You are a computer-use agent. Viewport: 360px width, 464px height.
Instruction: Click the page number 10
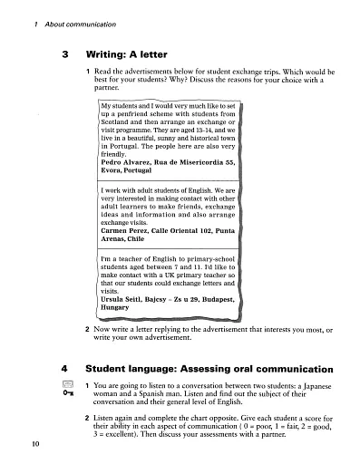[21, 441]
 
